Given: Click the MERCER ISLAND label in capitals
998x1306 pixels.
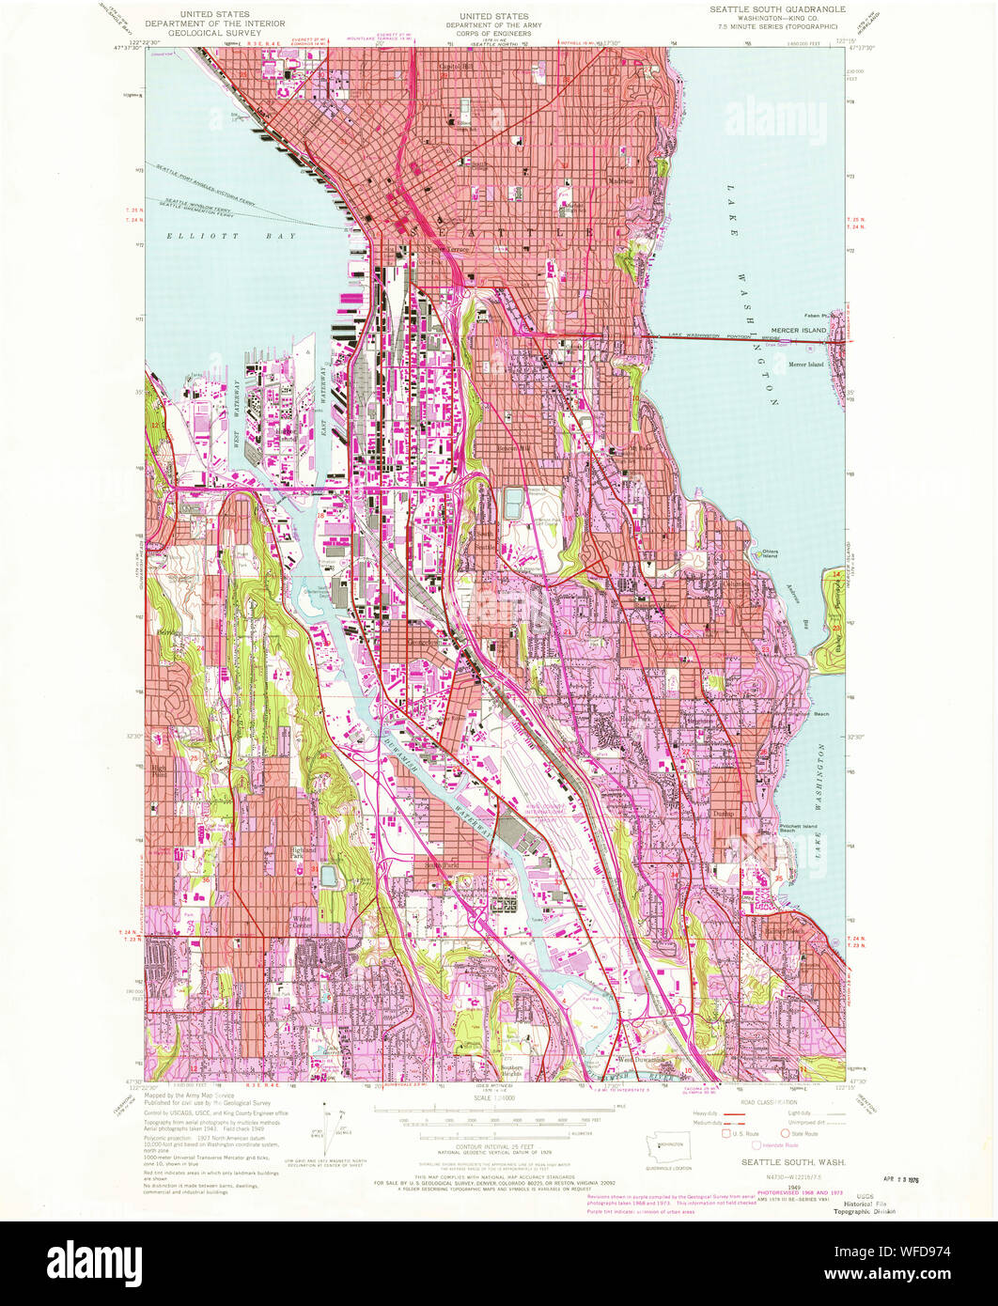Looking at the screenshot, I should pos(798,331).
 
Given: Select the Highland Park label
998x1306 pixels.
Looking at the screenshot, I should pos(302,853).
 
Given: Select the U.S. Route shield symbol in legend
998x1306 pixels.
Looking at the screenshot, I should pos(726,1134).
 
